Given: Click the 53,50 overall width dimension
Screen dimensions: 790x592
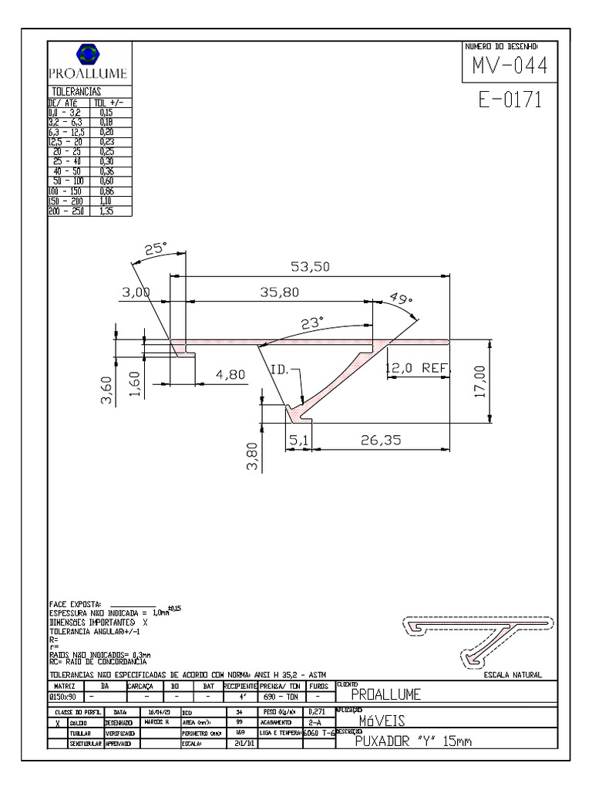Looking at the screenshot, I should pyautogui.click(x=310, y=267).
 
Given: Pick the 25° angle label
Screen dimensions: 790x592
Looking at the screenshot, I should pyautogui.click(x=156, y=249).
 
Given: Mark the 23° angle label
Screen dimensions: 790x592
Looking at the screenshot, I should pyautogui.click(x=312, y=324).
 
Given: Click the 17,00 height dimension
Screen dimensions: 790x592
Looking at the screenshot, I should pyautogui.click(x=480, y=382).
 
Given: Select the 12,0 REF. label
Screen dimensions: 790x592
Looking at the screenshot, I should pyautogui.click(x=416, y=369).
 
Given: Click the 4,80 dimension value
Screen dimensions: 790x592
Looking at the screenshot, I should pyautogui.click(x=230, y=374).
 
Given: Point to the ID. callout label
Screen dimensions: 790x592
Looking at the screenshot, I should pyautogui.click(x=279, y=370).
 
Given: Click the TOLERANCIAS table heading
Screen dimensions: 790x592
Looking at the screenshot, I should pyautogui.click(x=76, y=92).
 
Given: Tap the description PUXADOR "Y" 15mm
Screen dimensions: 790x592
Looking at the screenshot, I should pyautogui.click(x=412, y=742).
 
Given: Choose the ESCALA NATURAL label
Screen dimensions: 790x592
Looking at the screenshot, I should pyautogui.click(x=513, y=675).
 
